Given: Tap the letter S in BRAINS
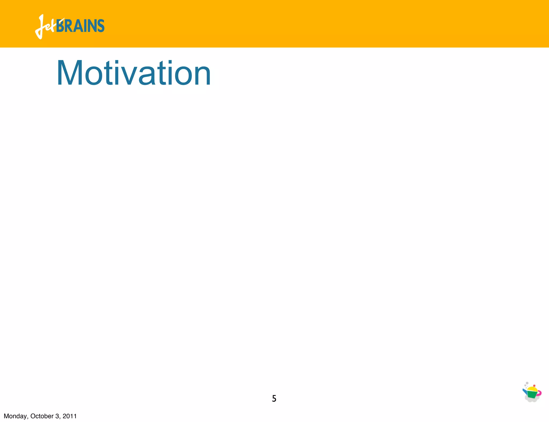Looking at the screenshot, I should pos(101,26).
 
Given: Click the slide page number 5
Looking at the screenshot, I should pos(274,399).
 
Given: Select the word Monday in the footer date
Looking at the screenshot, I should pos(15,416).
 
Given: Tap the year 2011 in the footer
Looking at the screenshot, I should pos(70,416).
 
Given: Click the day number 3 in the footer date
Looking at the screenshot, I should pos(57,416).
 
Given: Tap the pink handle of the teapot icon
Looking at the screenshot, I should pos(539,393).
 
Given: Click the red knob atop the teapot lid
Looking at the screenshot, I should pos(534,386).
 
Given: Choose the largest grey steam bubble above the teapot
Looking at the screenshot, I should pos(527,383).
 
